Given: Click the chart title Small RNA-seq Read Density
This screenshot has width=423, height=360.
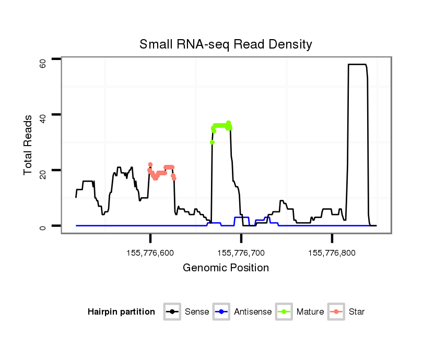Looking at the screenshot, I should click(x=226, y=44).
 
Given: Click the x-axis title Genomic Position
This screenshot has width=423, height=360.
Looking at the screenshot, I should click(x=226, y=268).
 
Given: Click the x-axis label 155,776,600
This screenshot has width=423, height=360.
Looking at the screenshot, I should click(x=150, y=253).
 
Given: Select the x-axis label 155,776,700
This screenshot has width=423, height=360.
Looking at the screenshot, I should click(x=241, y=253).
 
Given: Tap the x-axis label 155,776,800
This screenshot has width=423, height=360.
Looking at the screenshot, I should click(x=332, y=253).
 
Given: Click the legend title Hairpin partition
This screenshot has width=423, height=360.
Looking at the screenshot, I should click(x=121, y=312).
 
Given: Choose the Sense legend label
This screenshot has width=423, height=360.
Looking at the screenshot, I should click(x=197, y=312).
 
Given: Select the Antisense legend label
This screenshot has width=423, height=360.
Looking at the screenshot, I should click(x=253, y=312).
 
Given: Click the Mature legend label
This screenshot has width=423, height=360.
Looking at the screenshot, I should click(x=310, y=312).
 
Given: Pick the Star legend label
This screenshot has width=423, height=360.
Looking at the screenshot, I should click(x=357, y=312).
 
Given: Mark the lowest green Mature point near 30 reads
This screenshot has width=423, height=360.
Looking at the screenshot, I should click(x=212, y=142).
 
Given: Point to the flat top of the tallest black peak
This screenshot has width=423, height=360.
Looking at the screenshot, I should click(x=357, y=64).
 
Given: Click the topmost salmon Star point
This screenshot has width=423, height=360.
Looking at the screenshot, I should click(x=150, y=164).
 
